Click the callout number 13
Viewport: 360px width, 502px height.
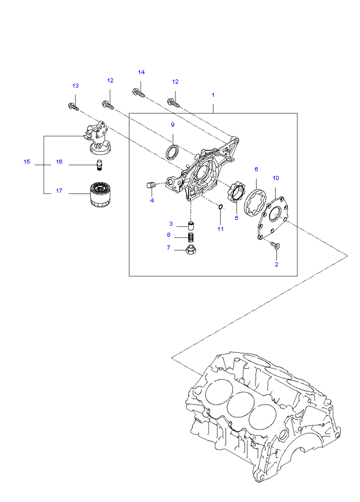point(75,86)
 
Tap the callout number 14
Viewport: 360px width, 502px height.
point(141,72)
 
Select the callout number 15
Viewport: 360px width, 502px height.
point(27,162)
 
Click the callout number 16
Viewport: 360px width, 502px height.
point(59,162)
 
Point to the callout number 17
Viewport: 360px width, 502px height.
point(59,191)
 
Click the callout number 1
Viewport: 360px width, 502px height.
point(213,94)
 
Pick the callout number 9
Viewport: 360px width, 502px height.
point(172,125)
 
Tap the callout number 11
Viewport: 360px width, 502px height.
point(221,229)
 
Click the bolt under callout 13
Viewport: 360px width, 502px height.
point(73,106)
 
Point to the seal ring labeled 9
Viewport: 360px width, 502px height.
point(172,152)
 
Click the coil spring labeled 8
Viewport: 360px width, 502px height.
point(189,237)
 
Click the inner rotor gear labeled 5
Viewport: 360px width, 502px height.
point(236,192)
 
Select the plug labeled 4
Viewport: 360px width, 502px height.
point(150,185)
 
